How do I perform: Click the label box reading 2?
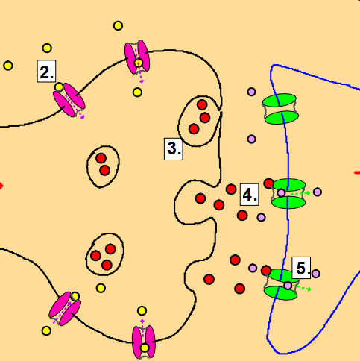(46, 71)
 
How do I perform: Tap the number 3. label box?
(174, 149)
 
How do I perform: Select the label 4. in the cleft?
(249, 195)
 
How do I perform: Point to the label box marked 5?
(301, 268)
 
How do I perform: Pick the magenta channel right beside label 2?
(69, 100)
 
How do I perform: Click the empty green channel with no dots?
(280, 109)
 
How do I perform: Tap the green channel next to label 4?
(288, 194)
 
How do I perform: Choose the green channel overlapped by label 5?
(281, 285)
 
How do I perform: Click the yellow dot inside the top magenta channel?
(139, 63)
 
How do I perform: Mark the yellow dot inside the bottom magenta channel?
(145, 348)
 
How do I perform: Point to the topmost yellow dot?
(118, 25)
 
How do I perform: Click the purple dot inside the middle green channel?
(281, 192)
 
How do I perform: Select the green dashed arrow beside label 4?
(300, 193)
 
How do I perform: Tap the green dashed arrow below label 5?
(302, 288)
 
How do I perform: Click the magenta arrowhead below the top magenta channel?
(142, 81)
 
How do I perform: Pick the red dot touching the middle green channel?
(268, 183)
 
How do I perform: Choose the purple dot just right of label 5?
(315, 274)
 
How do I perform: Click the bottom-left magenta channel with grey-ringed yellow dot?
(65, 309)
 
